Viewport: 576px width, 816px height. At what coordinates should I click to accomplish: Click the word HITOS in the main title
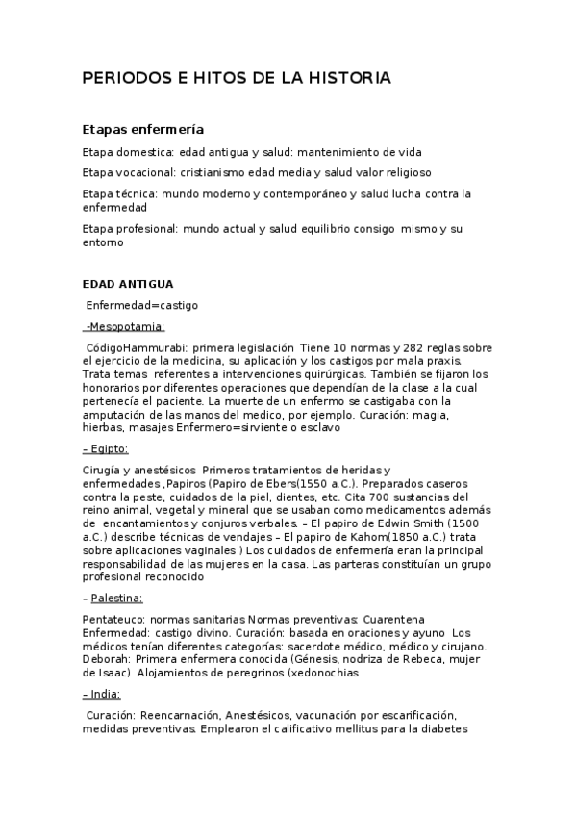194,78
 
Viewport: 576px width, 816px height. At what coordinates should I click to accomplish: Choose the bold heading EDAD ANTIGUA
128,284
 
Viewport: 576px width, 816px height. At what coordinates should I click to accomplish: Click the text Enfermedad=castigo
142,305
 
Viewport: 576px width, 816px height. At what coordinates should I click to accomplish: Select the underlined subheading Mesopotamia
127,326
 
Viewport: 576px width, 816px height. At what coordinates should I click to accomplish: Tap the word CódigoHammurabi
137,347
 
